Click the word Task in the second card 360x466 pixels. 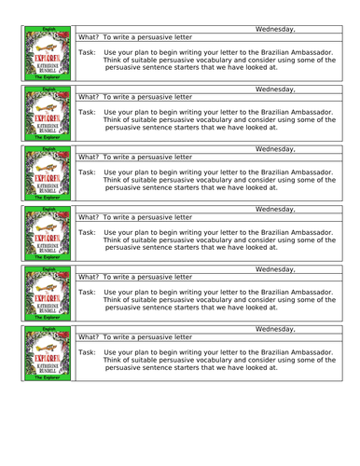point(86,112)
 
